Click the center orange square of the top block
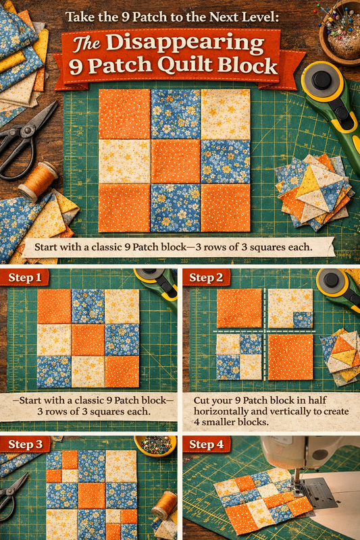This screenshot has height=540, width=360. pos(176,161)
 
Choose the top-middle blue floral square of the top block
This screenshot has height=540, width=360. pos(176,114)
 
